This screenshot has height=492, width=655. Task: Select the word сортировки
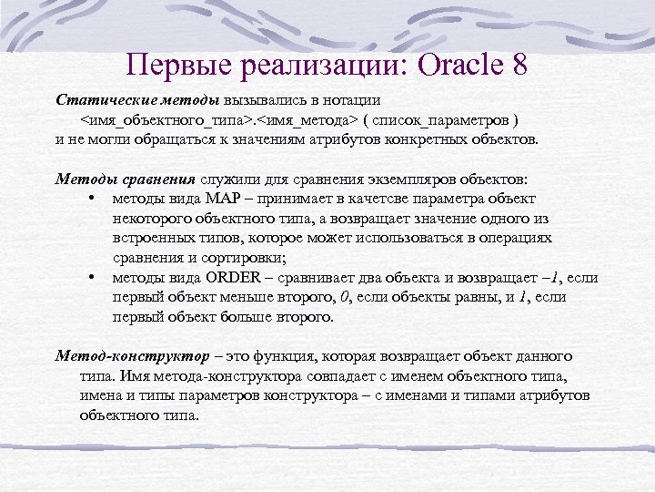(232, 258)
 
